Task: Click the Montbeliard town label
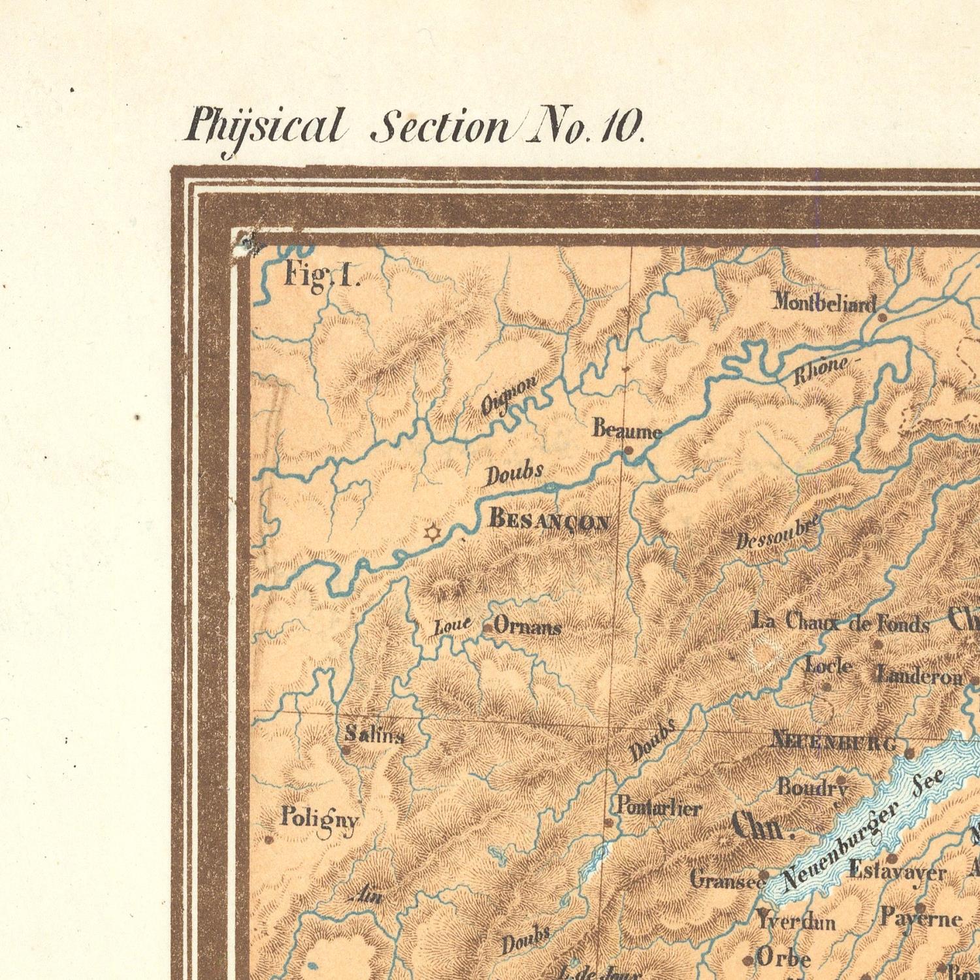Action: (x=825, y=302)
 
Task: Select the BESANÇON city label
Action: (x=550, y=521)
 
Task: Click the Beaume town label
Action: (x=627, y=431)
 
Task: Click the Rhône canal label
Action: (x=822, y=371)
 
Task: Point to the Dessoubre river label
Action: (x=777, y=532)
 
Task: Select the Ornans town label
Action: (x=527, y=627)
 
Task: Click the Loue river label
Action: (x=452, y=626)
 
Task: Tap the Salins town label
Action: (x=374, y=735)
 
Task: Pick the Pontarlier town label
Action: (x=659, y=808)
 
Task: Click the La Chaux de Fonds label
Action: (x=840, y=622)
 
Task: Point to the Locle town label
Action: (x=828, y=666)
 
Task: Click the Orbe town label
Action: (x=783, y=958)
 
